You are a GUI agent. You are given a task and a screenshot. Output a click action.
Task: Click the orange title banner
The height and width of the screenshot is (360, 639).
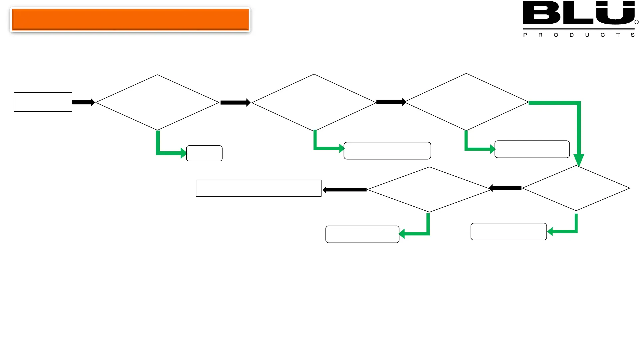click(130, 20)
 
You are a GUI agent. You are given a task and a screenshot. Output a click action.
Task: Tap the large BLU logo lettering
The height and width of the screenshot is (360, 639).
click(578, 13)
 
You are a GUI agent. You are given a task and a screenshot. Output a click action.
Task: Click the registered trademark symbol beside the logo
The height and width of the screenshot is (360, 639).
click(636, 22)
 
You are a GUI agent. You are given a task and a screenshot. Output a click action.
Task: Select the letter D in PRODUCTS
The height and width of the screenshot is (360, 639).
click(571, 35)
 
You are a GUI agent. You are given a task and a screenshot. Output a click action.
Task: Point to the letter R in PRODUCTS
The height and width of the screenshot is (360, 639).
click(540, 35)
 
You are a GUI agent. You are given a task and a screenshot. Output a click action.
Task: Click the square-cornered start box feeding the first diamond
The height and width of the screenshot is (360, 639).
click(43, 102)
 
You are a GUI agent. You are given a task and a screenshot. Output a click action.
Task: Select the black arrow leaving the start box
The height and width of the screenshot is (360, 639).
click(83, 102)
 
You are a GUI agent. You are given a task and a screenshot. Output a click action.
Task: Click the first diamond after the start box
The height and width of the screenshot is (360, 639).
click(157, 102)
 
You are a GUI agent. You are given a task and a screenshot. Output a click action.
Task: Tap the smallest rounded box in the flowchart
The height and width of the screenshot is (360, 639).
click(204, 153)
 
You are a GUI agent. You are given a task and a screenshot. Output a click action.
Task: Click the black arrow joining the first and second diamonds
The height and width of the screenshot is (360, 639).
click(235, 103)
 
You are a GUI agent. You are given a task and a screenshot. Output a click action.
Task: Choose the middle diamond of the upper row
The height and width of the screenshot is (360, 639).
click(314, 102)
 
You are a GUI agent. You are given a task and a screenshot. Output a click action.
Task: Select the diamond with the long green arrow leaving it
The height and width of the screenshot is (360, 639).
click(466, 102)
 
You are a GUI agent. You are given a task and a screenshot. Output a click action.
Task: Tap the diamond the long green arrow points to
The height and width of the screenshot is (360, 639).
click(576, 188)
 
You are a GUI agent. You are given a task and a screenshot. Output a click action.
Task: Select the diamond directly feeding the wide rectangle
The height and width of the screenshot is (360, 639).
click(429, 189)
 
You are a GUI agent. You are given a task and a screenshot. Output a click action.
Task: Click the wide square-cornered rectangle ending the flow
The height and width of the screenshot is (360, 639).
click(259, 188)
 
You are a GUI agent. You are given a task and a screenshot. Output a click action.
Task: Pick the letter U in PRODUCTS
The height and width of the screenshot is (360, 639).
click(587, 35)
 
